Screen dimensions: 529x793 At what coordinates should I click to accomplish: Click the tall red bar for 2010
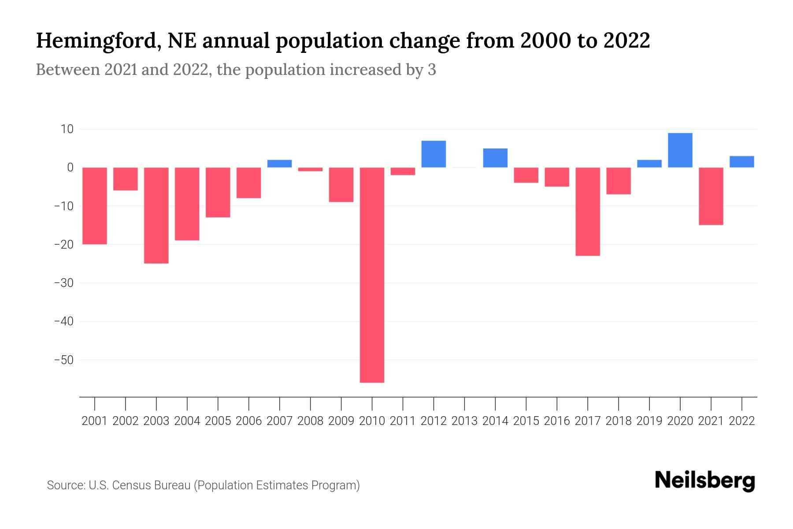(x=372, y=275)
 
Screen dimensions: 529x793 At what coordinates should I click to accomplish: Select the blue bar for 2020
(x=680, y=150)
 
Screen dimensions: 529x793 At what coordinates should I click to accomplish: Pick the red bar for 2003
(x=156, y=215)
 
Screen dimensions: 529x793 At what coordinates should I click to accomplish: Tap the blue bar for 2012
(x=434, y=154)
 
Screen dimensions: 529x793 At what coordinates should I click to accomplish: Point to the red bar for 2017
(x=587, y=212)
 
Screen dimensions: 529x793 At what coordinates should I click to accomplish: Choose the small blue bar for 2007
(x=279, y=164)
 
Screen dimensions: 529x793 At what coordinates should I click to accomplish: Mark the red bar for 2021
(x=711, y=196)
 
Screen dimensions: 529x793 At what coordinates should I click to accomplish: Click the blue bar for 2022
(x=741, y=162)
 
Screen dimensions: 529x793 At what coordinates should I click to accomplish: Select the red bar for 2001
(x=95, y=205)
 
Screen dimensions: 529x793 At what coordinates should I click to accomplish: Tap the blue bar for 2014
(x=495, y=158)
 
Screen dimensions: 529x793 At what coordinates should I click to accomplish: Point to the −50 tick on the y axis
(x=64, y=360)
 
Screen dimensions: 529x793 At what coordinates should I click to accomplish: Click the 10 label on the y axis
(x=67, y=129)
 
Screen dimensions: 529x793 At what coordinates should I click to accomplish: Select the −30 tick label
(x=64, y=283)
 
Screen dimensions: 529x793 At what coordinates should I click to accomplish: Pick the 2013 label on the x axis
(x=464, y=421)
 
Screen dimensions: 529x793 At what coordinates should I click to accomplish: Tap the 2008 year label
(x=310, y=421)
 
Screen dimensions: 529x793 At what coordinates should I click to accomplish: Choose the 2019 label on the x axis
(x=649, y=421)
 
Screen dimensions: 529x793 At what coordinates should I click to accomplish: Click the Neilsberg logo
(x=705, y=481)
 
